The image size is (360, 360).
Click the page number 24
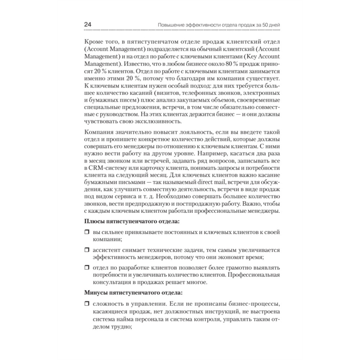[87, 25]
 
